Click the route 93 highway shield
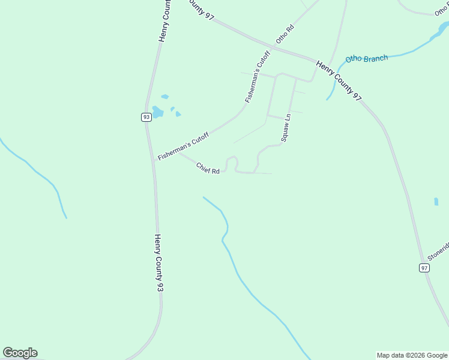(146, 117)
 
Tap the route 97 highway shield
(424, 268)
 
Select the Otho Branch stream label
(367, 58)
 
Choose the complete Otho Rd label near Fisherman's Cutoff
(285, 33)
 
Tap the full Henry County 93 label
(158, 263)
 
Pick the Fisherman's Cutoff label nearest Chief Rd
(182, 146)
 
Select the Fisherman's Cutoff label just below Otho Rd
(258, 76)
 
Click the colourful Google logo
(20, 353)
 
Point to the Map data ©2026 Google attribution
(412, 355)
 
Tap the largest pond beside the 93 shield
(157, 112)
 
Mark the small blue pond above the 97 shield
(436, 202)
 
